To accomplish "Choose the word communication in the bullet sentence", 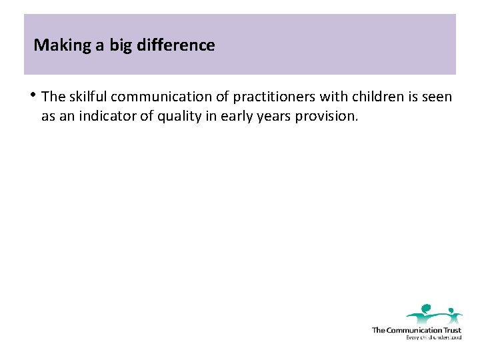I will click(165, 97).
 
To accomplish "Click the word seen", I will click(437, 97).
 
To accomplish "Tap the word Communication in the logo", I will click(414, 330).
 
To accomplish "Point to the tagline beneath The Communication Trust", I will click(433, 337).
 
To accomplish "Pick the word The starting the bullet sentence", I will click(53, 97).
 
